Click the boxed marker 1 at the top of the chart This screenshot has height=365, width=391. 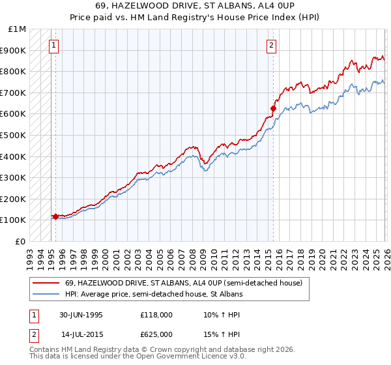click(53, 45)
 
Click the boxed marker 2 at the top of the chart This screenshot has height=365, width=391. click(270, 45)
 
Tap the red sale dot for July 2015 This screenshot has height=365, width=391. click(274, 108)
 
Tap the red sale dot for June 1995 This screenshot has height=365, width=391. click(56, 216)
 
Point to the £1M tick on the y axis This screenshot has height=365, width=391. click(18, 29)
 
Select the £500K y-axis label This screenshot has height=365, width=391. click(14, 136)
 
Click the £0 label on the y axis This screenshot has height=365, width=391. click(21, 242)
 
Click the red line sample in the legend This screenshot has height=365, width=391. click(46, 284)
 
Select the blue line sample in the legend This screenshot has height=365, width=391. click(46, 295)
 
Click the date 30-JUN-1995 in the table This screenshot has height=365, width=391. click(81, 314)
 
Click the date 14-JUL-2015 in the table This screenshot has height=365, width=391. click(81, 334)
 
